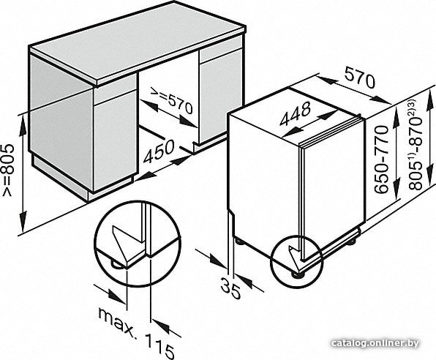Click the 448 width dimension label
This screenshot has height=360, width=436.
[295, 113]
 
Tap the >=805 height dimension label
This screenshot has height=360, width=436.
[7, 170]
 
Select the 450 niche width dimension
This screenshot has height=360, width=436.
[159, 151]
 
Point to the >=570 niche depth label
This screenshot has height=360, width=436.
[172, 100]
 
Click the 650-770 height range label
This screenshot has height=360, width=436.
[381, 160]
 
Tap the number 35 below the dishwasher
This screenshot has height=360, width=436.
[230, 289]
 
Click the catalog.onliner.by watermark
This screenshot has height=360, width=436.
[375, 344]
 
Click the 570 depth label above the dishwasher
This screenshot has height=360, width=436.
[359, 78]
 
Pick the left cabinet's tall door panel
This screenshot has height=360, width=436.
[115, 140]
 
